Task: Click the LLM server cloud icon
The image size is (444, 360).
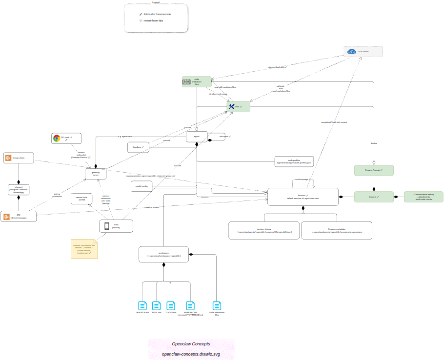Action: pos(352,52)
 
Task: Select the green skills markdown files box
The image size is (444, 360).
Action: pos(197,81)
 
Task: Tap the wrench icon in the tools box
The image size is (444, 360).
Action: pos(231,106)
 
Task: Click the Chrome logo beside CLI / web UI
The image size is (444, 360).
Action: pos(57,138)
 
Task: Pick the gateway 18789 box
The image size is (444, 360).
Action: pos(96,174)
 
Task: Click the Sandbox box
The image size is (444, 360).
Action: pos(138,147)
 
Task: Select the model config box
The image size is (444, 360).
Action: pos(141,186)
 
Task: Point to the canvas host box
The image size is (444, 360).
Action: pos(82,199)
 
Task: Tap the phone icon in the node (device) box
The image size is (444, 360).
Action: pos(106,226)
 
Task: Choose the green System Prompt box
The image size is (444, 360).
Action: pos(374,170)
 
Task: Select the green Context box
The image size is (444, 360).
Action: pos(374,197)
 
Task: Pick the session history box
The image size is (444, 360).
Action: pos(264,230)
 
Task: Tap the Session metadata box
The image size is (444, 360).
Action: pos(337,230)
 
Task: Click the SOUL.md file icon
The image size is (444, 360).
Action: pos(156,306)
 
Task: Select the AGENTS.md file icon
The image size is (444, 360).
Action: pos(142,306)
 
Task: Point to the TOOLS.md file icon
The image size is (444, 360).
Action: pos(171,306)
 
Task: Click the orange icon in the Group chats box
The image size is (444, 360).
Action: pos(8,158)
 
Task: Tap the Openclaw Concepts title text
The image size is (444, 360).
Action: pos(191,344)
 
